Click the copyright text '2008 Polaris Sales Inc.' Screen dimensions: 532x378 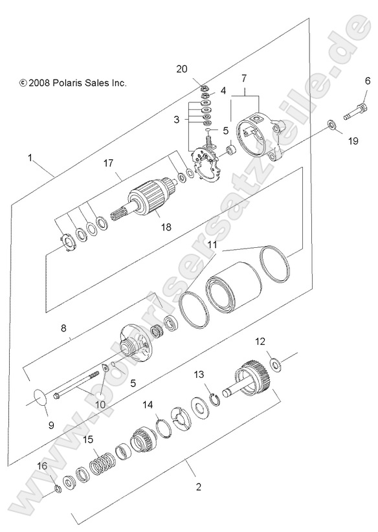pyautogui.click(x=72, y=83)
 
